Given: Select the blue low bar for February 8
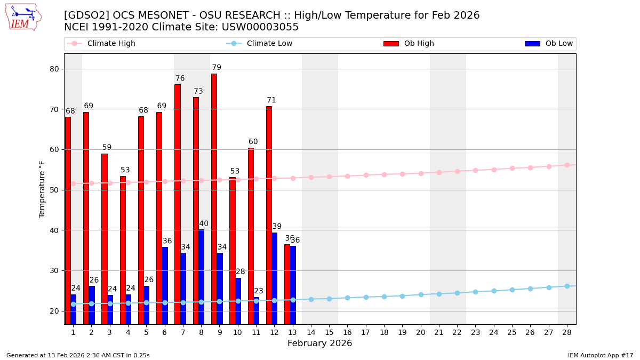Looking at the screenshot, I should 201,277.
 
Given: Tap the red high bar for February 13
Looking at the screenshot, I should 287,284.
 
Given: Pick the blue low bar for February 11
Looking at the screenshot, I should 256,310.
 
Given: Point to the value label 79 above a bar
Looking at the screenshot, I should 217,68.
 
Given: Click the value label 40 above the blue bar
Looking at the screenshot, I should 204,224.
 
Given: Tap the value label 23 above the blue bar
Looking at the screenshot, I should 259,291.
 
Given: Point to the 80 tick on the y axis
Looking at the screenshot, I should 54,69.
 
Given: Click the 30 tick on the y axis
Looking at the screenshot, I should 54,270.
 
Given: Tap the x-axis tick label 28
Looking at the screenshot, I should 567,332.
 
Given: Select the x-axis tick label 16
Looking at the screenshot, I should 347,332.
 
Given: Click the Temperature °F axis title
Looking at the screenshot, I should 43,189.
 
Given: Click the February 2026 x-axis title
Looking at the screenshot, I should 319,343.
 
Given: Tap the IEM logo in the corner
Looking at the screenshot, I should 23,17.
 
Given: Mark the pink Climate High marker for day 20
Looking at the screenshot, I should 421,173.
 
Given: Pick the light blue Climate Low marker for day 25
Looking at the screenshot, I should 512,290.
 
